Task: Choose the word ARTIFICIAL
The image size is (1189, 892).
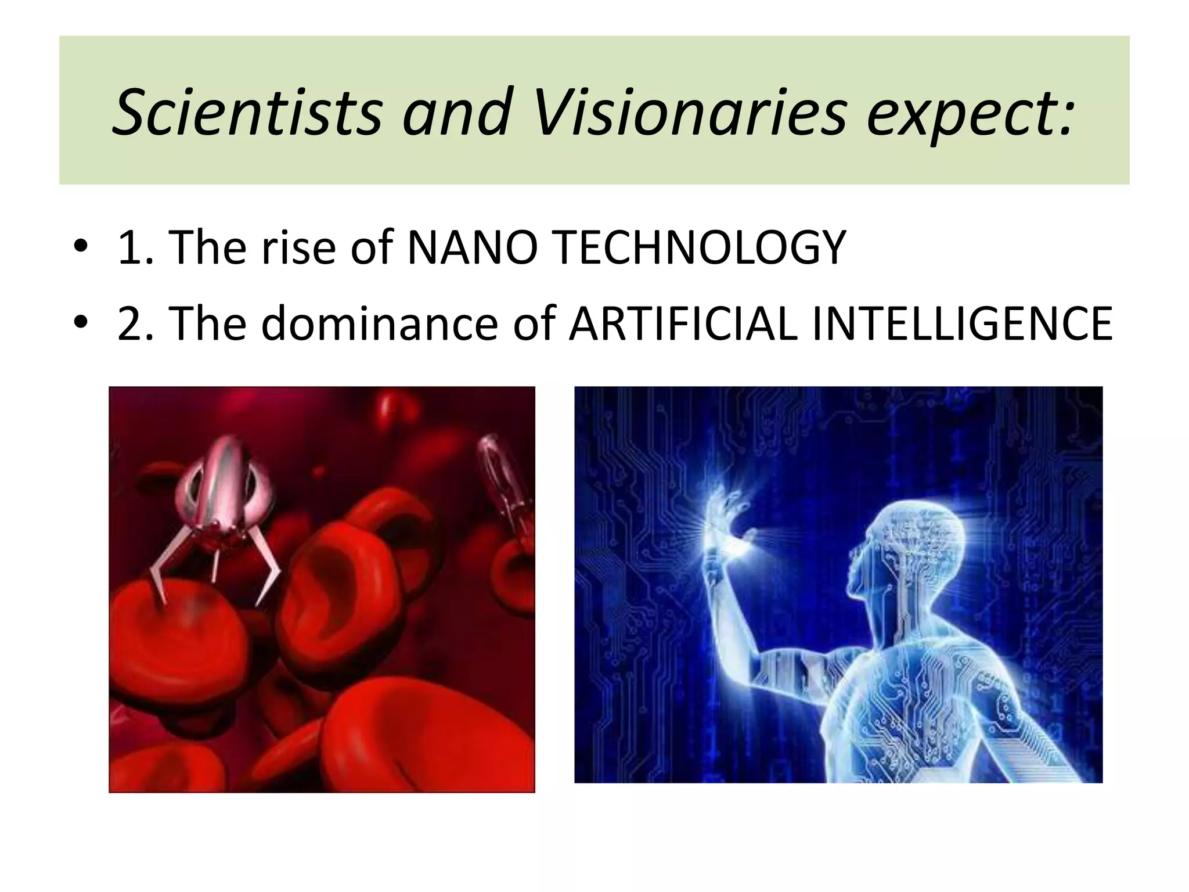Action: [683, 323]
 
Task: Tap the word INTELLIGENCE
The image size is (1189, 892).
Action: [962, 323]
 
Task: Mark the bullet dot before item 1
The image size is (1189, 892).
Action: [81, 246]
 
